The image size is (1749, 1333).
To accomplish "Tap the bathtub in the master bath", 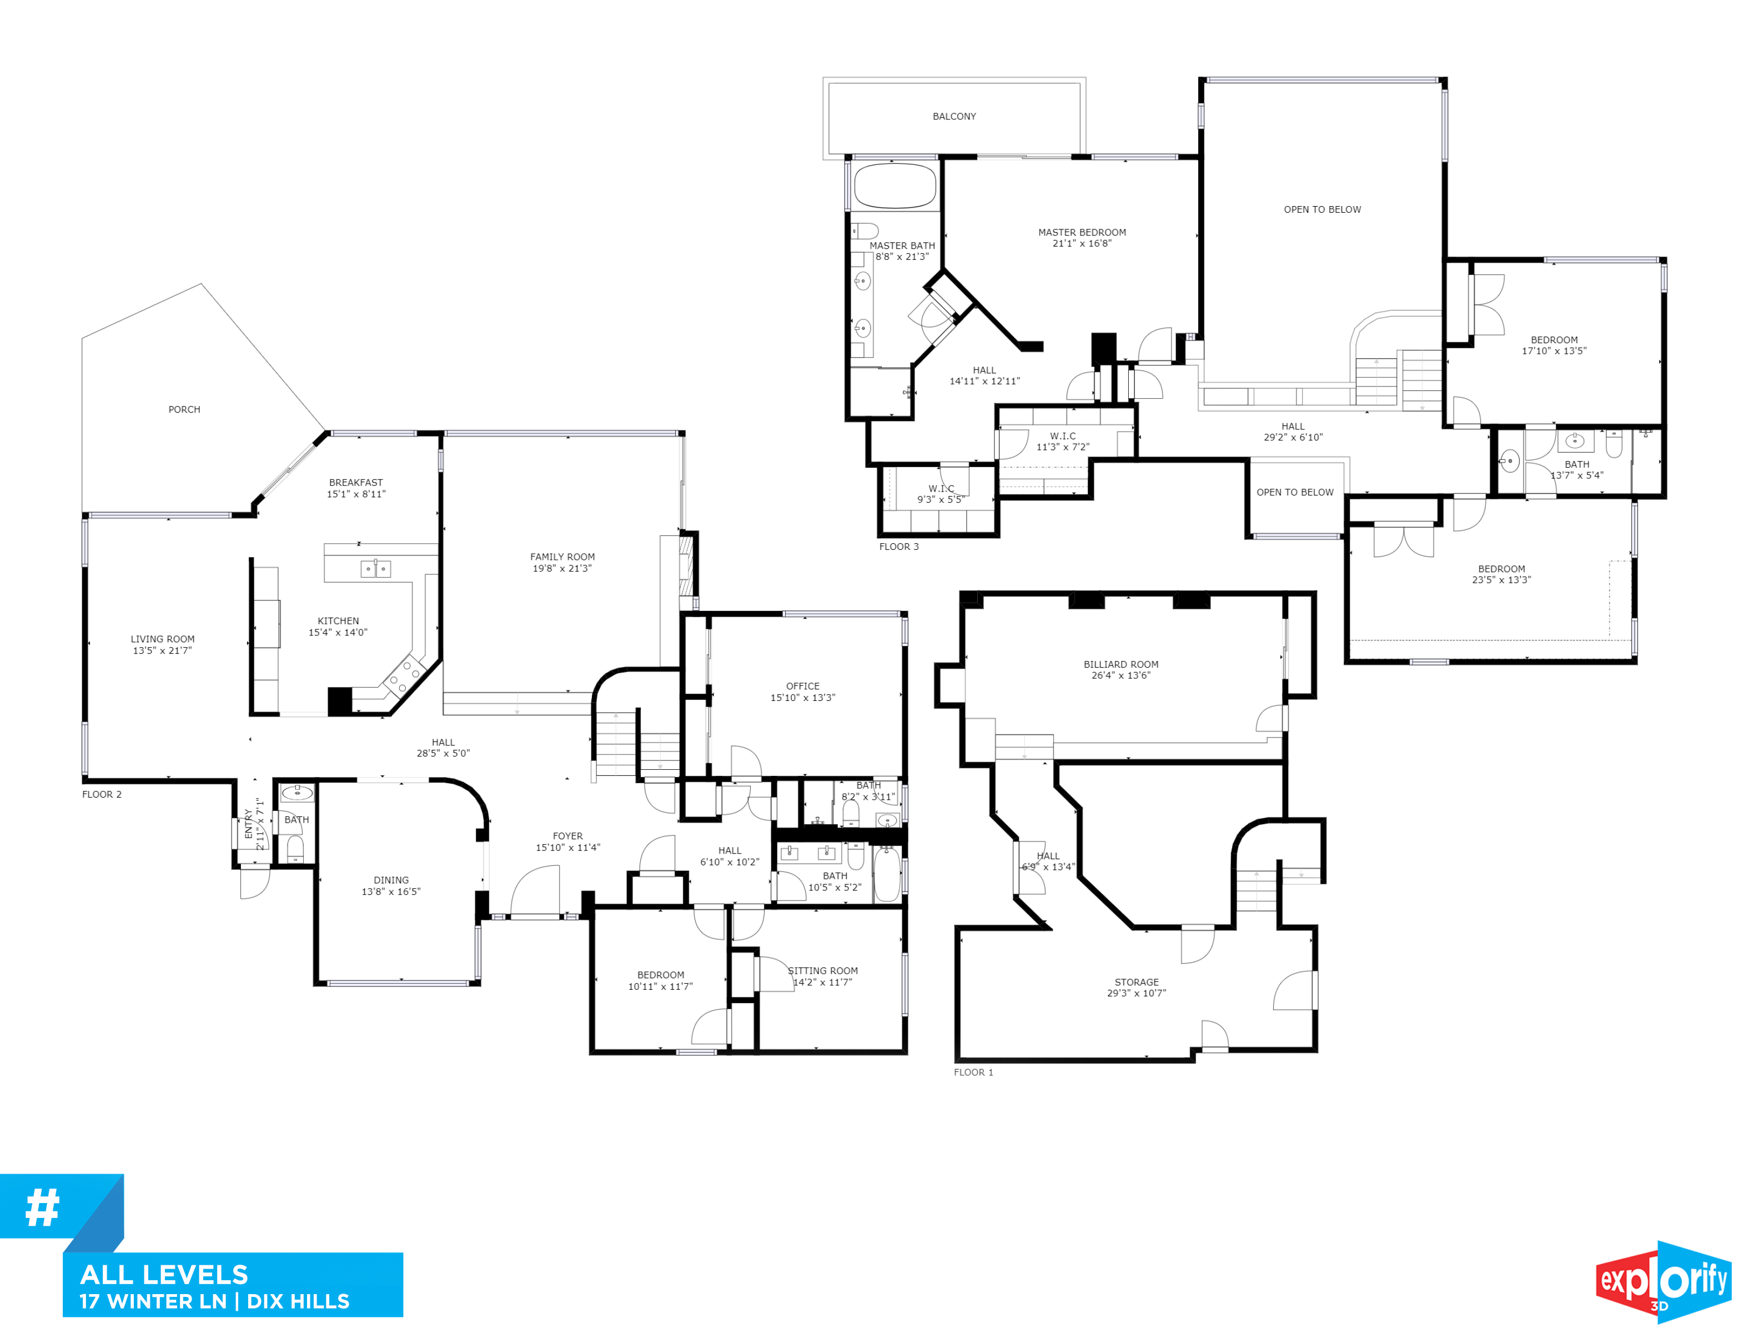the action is (894, 186).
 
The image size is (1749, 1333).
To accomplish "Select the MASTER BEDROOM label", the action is (1082, 233).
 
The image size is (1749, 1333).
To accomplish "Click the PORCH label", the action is (184, 409).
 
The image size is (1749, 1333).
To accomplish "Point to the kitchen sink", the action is (375, 568).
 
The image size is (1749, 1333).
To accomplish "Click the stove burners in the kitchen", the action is (403, 675).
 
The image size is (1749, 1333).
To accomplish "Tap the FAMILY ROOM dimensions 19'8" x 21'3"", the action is (561, 568).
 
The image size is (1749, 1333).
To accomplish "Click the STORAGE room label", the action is (1136, 983).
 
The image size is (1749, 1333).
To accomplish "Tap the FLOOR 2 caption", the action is (102, 794).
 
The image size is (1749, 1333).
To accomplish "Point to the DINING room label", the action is (391, 880).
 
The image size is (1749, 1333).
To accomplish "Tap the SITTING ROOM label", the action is (822, 970).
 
